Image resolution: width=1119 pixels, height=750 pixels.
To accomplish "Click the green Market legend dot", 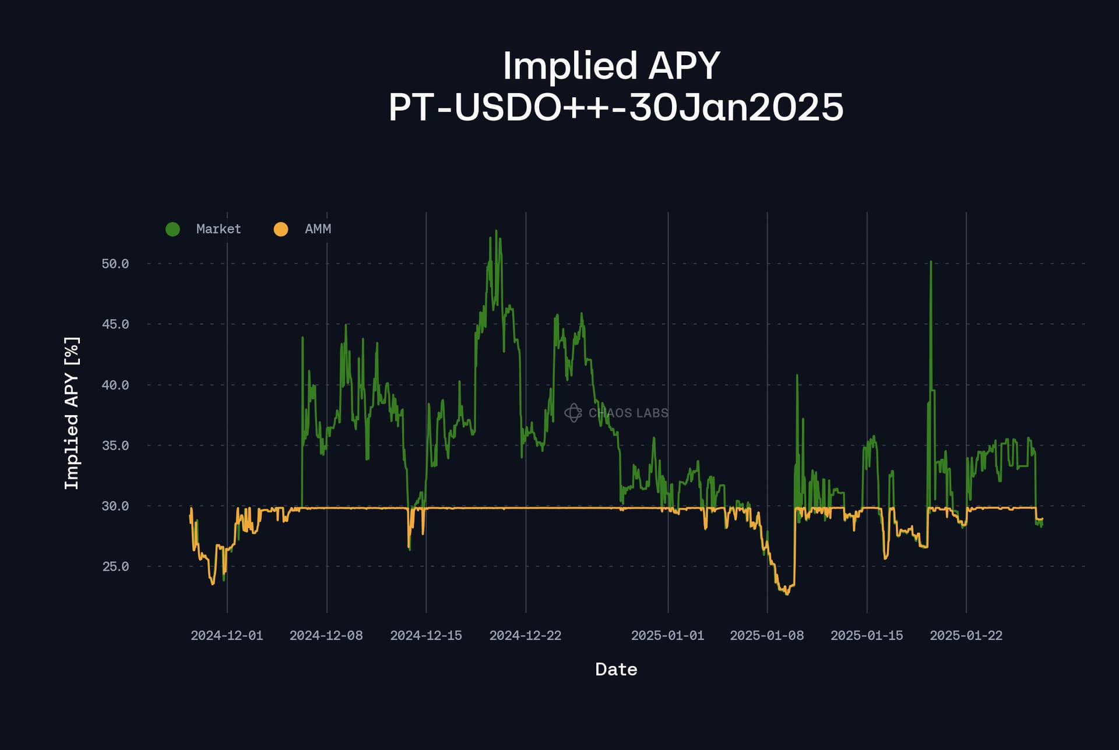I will [x=173, y=229].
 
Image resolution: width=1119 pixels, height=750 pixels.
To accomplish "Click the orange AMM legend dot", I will [x=281, y=229].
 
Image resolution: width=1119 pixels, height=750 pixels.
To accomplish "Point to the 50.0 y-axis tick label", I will [x=115, y=264].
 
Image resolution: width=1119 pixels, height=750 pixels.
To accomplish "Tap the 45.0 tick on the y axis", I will [x=115, y=324].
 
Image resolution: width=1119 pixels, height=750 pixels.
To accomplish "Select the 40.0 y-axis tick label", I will [x=115, y=385].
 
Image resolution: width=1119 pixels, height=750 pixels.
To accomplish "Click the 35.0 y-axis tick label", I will [x=115, y=445].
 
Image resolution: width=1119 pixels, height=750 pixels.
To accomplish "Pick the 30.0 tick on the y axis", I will [x=115, y=506].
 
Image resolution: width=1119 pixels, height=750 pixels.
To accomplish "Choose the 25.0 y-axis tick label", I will [x=115, y=567].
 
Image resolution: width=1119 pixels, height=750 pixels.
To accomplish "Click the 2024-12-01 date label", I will [x=227, y=636].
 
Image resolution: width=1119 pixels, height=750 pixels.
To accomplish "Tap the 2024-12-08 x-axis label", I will [x=326, y=636].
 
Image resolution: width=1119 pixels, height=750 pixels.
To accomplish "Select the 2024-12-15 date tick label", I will [x=426, y=636].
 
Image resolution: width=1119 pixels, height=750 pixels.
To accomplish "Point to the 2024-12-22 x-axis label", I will [x=525, y=636].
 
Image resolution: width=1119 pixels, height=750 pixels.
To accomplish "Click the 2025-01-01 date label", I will [x=667, y=636].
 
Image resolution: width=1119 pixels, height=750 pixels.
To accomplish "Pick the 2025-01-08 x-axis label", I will [x=766, y=636].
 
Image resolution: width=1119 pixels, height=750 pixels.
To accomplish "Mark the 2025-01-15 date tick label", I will [x=867, y=636].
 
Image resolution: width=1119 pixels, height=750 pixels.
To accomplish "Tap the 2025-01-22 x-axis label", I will [x=966, y=636].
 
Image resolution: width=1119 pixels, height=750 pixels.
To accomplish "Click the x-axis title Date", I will [x=616, y=670].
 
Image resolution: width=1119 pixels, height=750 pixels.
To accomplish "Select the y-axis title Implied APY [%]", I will [x=71, y=413].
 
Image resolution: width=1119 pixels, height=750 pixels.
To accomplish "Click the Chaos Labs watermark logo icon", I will [x=573, y=413].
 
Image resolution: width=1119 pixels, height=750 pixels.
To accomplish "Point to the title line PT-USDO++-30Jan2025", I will [x=616, y=108].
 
